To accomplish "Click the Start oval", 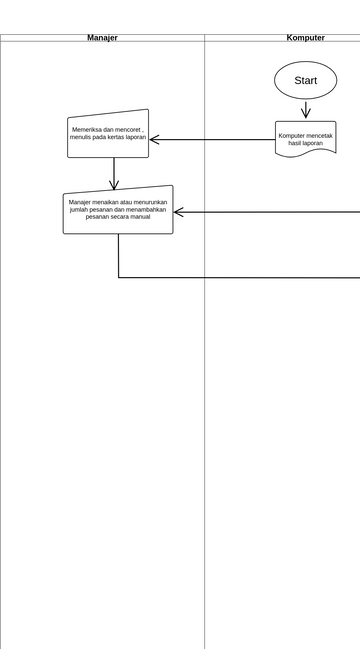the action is [305, 80].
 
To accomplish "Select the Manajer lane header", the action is [102, 38].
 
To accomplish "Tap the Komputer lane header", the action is [305, 38].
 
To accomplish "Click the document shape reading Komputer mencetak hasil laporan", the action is [305, 138].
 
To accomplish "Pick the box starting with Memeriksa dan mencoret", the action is [108, 134].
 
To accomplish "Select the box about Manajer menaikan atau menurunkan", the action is [118, 210].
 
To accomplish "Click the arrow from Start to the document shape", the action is [305, 109].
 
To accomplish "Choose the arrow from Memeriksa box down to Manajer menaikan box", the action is [114, 172].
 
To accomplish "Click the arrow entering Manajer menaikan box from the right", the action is [265, 212].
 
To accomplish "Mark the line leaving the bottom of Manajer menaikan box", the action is [119, 256].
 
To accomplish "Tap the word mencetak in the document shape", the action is [319, 135].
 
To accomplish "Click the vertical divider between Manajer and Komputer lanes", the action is [205, 400].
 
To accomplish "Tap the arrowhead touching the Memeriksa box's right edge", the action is [154, 139].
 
